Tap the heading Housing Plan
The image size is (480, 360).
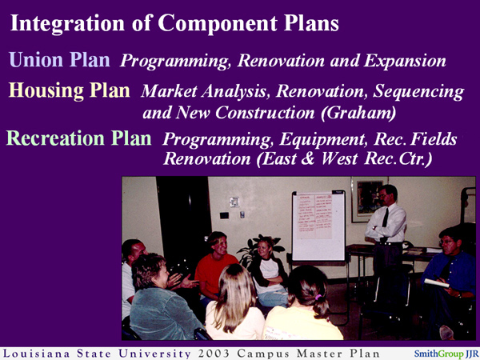coord(70,90)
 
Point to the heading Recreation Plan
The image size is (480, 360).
coord(78,138)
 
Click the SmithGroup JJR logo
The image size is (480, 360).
coord(445,352)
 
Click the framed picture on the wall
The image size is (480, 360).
coord(369,199)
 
